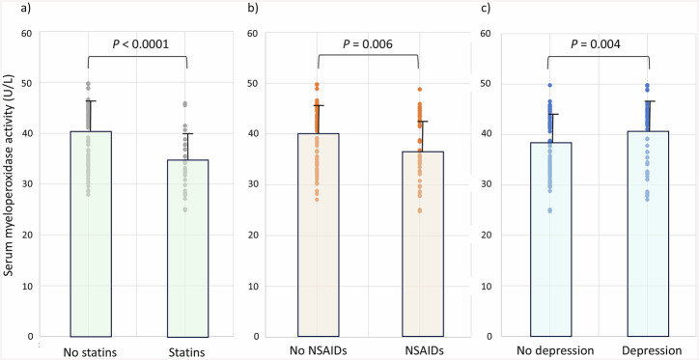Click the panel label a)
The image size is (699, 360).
(9, 11)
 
